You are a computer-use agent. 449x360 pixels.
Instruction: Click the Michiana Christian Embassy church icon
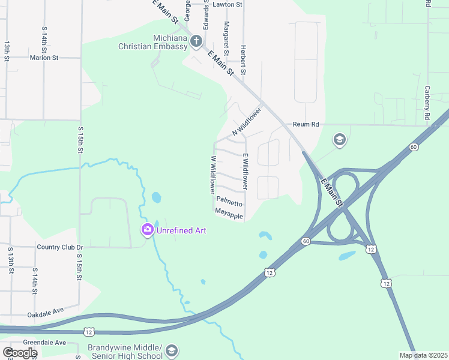(196, 41)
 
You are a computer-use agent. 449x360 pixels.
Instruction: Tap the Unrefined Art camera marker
(147, 229)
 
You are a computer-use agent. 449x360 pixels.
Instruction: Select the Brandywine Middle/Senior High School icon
(172, 350)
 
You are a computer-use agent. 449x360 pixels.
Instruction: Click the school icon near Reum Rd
(339, 140)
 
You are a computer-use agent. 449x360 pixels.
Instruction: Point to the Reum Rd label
(306, 124)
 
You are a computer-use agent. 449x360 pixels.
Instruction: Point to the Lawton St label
(228, 4)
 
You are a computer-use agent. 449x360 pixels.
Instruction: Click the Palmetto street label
(229, 203)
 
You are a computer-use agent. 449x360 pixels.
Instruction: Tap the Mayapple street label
(229, 214)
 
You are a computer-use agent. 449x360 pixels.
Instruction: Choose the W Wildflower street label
(212, 174)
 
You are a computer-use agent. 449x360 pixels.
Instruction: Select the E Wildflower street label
(245, 172)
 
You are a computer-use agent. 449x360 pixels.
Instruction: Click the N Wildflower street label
(247, 121)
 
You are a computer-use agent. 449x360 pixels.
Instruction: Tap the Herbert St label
(243, 60)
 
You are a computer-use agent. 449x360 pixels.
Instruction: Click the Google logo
(20, 353)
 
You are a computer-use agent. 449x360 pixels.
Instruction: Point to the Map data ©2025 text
(423, 355)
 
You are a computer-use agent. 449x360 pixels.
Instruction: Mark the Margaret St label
(226, 37)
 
